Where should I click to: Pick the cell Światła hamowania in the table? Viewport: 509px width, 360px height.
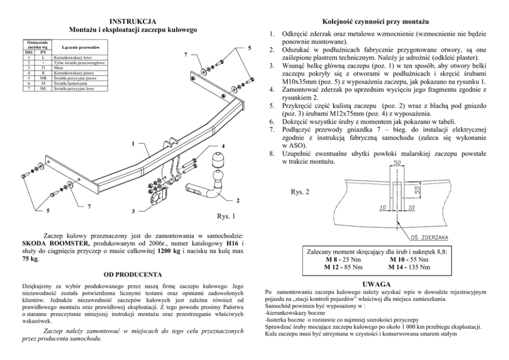(69, 83)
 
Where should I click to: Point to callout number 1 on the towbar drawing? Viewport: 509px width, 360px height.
(133, 143)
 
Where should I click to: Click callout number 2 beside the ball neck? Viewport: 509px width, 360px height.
(238, 200)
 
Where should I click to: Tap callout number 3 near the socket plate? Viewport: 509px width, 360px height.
(133, 211)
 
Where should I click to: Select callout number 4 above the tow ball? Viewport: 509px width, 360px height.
(223, 146)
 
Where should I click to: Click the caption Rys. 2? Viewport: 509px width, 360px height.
(300, 192)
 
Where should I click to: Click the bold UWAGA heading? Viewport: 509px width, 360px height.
(377, 284)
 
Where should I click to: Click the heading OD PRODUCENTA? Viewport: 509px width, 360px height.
(133, 275)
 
